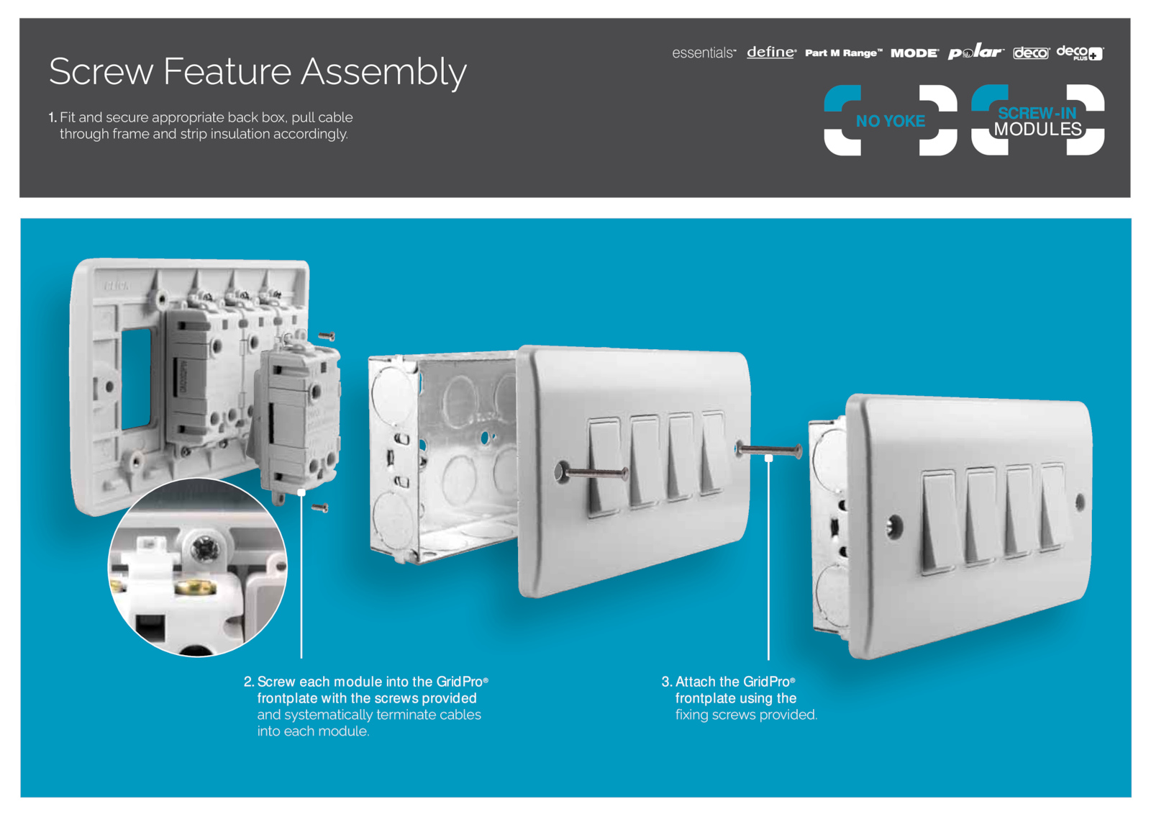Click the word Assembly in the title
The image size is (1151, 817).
pos(383,73)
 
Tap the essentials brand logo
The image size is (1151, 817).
pos(704,53)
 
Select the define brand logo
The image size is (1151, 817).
pos(771,53)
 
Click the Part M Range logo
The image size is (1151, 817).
pos(843,53)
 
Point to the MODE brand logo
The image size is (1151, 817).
pos(914,53)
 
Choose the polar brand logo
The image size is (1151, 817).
pos(975,52)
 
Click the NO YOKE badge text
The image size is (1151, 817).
pos(891,121)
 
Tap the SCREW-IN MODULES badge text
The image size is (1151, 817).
pos(1037,122)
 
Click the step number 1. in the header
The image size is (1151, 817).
pos(53,117)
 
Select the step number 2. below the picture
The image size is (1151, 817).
pos(249,682)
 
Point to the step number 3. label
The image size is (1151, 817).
pos(666,682)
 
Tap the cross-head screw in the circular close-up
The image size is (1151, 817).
pos(204,551)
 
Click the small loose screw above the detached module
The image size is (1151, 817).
pos(327,336)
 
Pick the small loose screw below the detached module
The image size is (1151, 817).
pos(319,508)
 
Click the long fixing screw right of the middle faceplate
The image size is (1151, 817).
pos(768,451)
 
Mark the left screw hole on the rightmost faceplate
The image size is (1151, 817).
pos(894,527)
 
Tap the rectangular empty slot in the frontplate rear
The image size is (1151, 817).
pos(136,379)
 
